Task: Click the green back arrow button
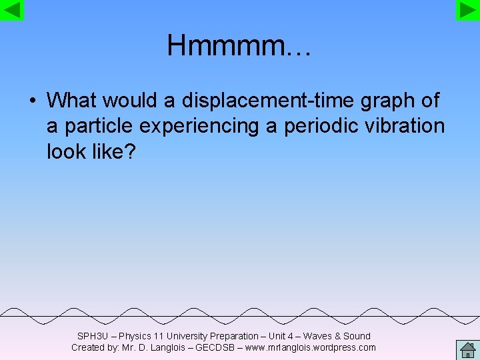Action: tap(12, 10)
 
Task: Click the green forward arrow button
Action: tap(468, 10)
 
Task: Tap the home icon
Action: tap(467, 350)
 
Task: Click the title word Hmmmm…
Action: tap(239, 46)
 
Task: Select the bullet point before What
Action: tap(31, 101)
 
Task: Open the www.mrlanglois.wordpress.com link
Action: tap(311, 347)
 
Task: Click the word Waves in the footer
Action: tap(318, 336)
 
